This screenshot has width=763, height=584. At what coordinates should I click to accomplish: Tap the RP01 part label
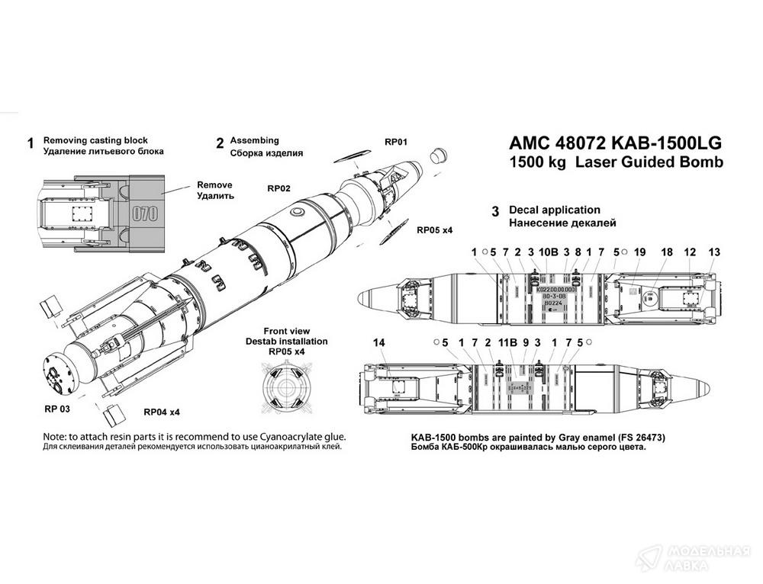(398, 142)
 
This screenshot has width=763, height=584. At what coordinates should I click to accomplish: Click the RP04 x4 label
(162, 412)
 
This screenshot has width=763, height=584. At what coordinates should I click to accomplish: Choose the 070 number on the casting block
(145, 213)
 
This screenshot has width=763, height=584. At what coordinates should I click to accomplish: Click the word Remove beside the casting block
(214, 185)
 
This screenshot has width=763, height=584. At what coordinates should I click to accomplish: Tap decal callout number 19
(639, 252)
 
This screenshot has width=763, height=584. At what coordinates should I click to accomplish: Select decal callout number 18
(666, 252)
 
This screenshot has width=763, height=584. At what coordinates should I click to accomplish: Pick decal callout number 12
(690, 252)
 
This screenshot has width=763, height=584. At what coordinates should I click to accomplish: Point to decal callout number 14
(379, 344)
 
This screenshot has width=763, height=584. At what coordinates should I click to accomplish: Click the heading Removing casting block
(95, 141)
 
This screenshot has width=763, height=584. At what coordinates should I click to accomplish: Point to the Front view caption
(286, 331)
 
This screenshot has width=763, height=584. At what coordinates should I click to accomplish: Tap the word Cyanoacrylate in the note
(275, 437)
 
